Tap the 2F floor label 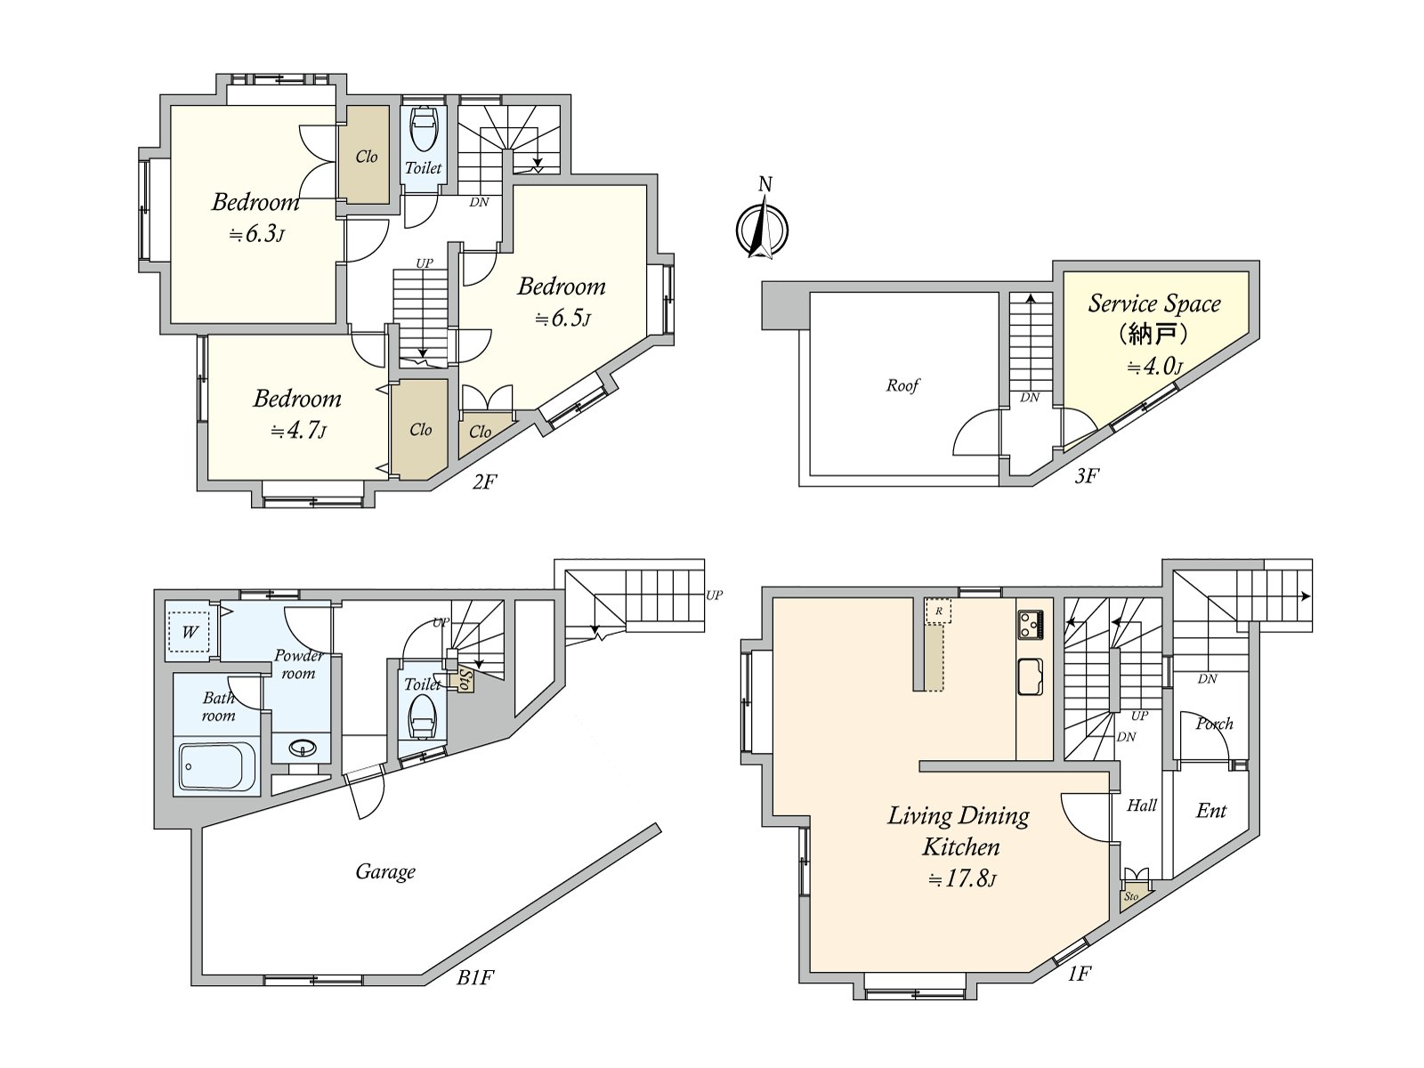(x=485, y=481)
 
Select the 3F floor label (x=1087, y=476)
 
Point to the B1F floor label (x=475, y=995)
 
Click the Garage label (x=385, y=871)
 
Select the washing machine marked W (x=189, y=631)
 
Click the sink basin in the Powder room (x=303, y=749)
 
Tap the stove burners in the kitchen (x=1031, y=625)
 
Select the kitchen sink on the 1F (x=1031, y=677)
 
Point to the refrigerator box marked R (x=938, y=611)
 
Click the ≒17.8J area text (x=962, y=879)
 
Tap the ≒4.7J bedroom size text (x=298, y=431)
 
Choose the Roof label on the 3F (x=902, y=386)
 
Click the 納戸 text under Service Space (x=1153, y=335)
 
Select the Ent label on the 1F (x=1211, y=811)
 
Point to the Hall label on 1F (x=1142, y=805)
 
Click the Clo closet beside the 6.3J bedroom (x=367, y=157)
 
